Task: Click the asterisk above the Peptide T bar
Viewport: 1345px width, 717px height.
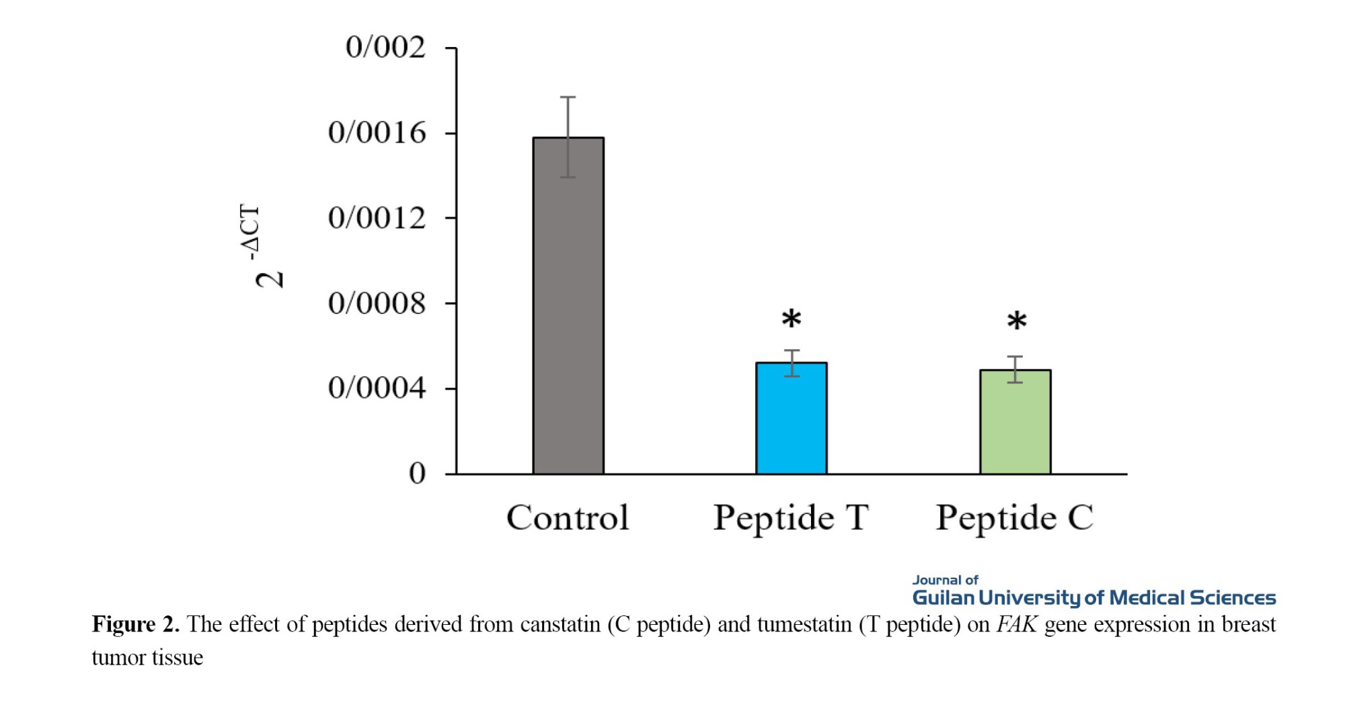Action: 792,319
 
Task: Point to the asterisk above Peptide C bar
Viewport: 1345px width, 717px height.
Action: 1016,322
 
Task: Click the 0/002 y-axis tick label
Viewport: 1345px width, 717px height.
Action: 385,48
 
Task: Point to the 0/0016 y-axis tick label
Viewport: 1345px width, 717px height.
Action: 377,133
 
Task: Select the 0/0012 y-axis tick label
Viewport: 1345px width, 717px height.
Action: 377,219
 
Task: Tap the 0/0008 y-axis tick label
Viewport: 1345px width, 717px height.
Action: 377,304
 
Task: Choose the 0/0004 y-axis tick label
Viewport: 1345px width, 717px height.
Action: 377,389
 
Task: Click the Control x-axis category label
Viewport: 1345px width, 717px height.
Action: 568,518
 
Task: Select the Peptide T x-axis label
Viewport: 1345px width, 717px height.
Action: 791,518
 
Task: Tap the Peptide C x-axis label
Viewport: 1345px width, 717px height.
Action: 1014,518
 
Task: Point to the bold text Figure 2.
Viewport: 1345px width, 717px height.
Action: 135,625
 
